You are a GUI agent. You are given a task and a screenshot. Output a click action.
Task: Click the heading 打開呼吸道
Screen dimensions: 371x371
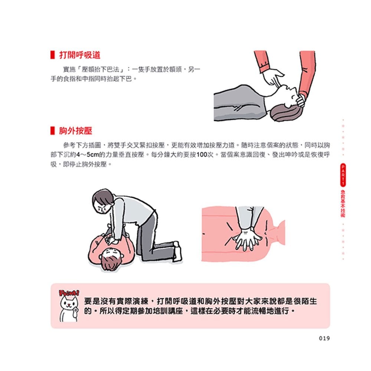point(80,55)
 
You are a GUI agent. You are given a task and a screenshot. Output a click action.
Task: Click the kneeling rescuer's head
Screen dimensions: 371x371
point(103,202)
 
